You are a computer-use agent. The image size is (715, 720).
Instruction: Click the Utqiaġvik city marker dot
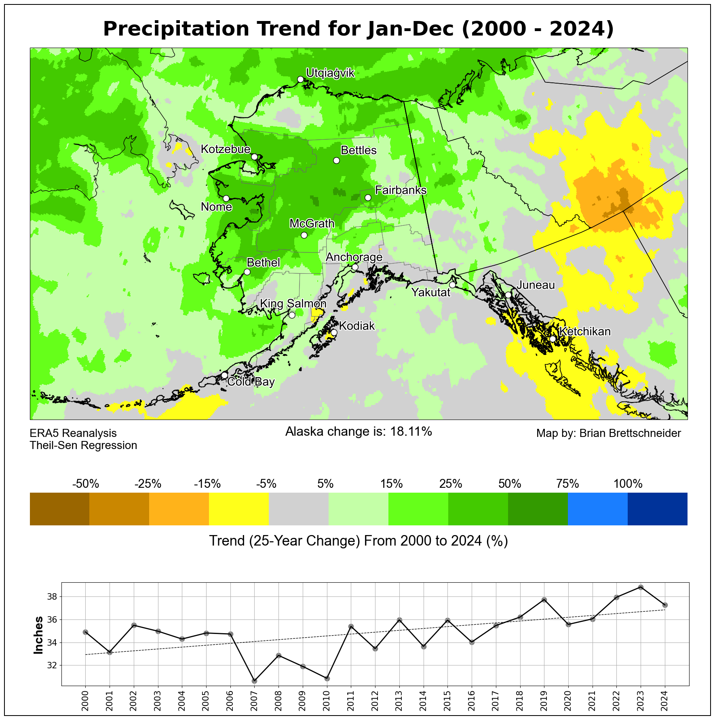[x=300, y=79]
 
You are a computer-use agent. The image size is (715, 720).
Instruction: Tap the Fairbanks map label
[x=401, y=190]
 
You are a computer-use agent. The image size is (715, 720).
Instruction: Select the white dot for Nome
[x=226, y=198]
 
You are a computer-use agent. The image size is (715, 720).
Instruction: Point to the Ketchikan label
[x=585, y=332]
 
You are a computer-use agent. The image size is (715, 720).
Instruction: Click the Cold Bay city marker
[x=224, y=375]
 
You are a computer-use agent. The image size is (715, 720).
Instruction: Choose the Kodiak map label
[x=357, y=326]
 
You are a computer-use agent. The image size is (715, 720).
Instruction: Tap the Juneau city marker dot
[x=508, y=295]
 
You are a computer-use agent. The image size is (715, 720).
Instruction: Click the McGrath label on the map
[x=312, y=223]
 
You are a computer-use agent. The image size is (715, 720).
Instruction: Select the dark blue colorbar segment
[x=657, y=509]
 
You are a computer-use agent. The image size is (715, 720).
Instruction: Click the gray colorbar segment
[x=299, y=509]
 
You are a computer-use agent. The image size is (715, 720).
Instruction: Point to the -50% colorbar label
[x=85, y=484]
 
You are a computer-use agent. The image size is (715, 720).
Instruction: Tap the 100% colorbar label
[x=628, y=484]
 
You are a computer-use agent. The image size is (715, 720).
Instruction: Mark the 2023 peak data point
[x=641, y=587]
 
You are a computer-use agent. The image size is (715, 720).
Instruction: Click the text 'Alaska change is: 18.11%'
[x=359, y=432]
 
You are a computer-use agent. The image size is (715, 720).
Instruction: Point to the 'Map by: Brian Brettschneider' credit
[x=608, y=433]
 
